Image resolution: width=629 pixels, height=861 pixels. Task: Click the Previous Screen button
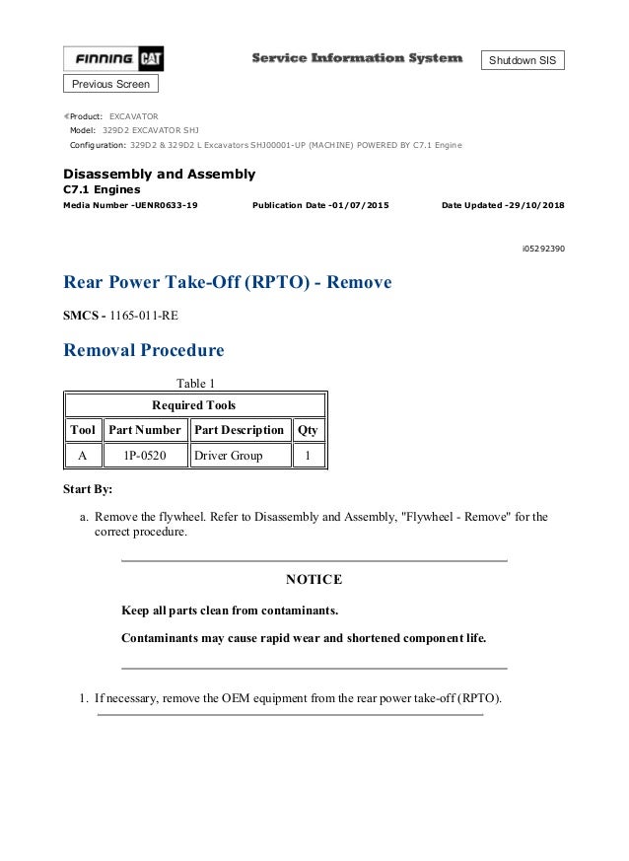tap(110, 84)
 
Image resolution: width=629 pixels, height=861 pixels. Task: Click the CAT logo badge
tap(151, 60)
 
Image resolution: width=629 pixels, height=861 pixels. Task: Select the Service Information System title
tap(357, 59)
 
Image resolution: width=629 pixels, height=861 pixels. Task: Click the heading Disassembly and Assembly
tap(159, 174)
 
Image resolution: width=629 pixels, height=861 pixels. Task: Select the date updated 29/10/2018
tap(503, 205)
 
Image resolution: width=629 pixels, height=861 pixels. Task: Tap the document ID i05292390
tap(543, 249)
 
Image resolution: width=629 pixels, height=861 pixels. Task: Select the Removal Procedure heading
tap(143, 350)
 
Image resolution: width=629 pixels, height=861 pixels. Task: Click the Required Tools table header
tap(193, 404)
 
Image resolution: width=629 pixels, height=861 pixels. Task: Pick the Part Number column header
tap(145, 429)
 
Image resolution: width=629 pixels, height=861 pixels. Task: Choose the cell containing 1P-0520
tap(145, 456)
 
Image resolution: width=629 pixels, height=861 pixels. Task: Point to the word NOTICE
tap(314, 579)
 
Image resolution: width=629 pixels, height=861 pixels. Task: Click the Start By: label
tap(87, 489)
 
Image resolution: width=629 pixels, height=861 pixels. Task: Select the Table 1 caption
tap(194, 383)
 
